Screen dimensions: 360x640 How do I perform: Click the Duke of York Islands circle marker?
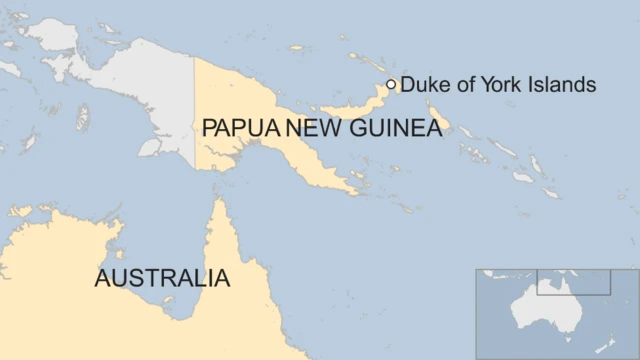391,85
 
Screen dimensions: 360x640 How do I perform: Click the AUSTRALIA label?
162,278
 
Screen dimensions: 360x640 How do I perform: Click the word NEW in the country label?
310,129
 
